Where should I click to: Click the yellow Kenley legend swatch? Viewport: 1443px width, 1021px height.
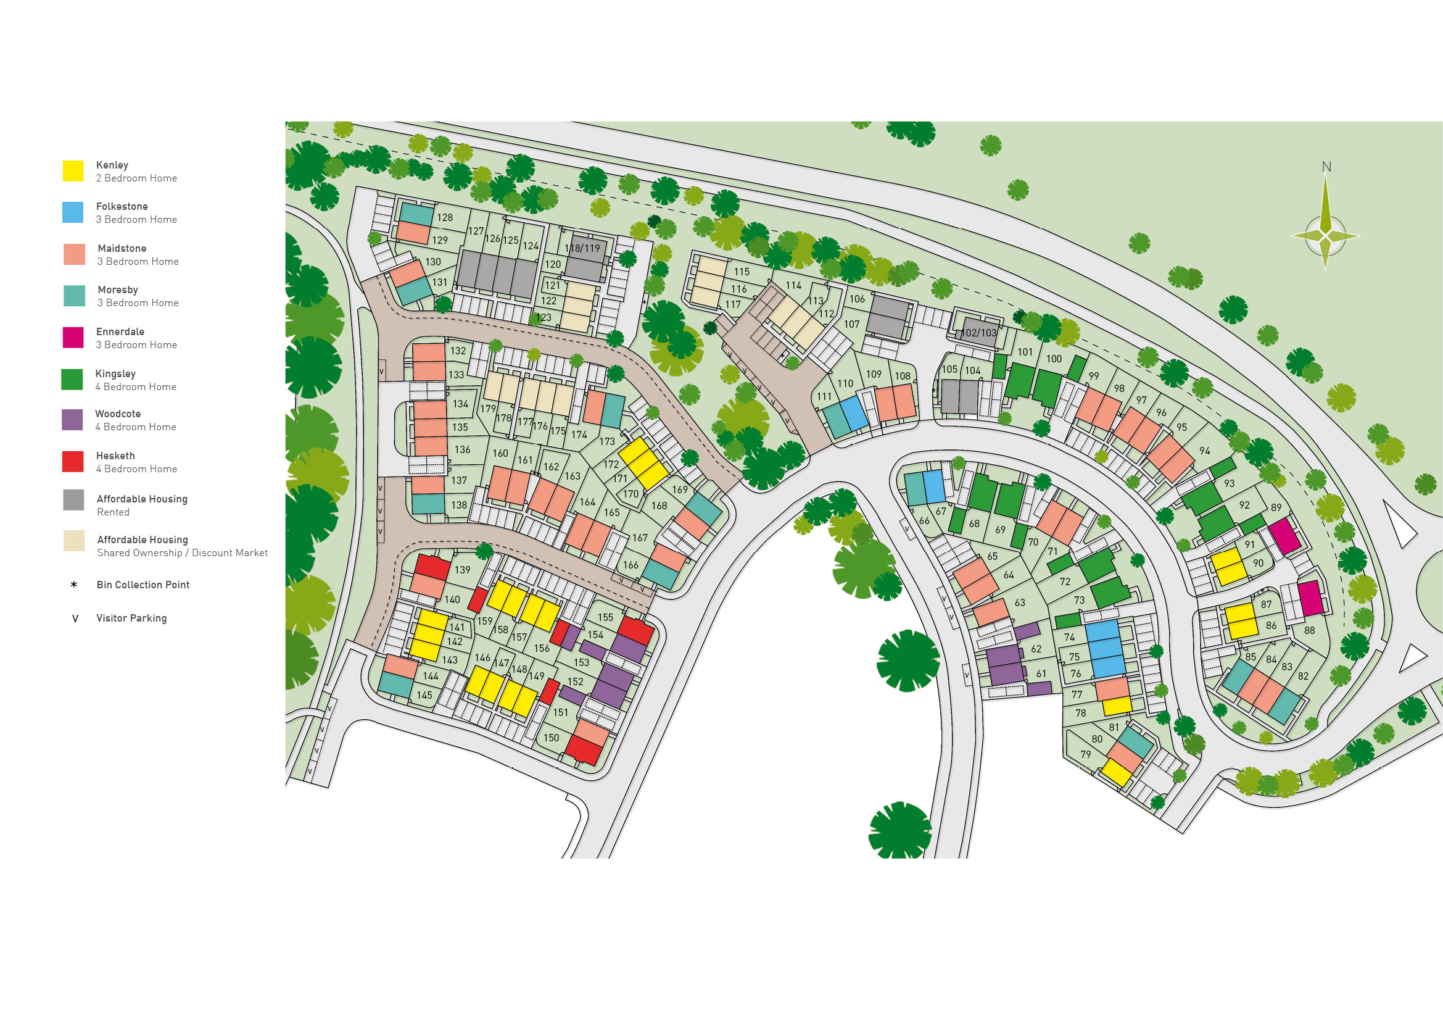[73, 171]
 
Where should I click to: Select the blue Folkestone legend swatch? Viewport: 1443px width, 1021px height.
[73, 212]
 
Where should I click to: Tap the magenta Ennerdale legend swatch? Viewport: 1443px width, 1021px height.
[73, 338]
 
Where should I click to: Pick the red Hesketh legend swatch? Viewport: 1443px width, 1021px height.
[73, 462]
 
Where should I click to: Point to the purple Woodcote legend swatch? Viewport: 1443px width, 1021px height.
[72, 420]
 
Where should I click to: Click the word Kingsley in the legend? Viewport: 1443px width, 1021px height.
[115, 374]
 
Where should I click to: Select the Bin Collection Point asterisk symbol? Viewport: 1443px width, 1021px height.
[74, 585]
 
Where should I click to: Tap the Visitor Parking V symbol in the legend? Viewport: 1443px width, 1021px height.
[75, 619]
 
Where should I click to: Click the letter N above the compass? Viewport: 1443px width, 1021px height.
[1326, 167]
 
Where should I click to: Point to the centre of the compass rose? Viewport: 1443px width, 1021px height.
[1325, 236]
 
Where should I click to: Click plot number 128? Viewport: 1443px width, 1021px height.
[445, 217]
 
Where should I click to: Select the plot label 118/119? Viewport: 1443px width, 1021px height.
[582, 248]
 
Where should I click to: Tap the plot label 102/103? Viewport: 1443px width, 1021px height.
[979, 333]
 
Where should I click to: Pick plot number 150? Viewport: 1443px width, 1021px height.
[551, 738]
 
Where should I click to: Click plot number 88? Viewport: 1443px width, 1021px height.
[1309, 631]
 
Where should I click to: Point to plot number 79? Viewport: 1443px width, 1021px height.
[1085, 754]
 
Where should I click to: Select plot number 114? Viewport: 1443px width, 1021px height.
[794, 285]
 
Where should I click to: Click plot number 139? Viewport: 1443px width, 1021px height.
[463, 570]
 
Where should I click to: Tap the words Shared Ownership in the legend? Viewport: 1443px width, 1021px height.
[139, 553]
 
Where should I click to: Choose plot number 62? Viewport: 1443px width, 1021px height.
[1036, 649]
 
